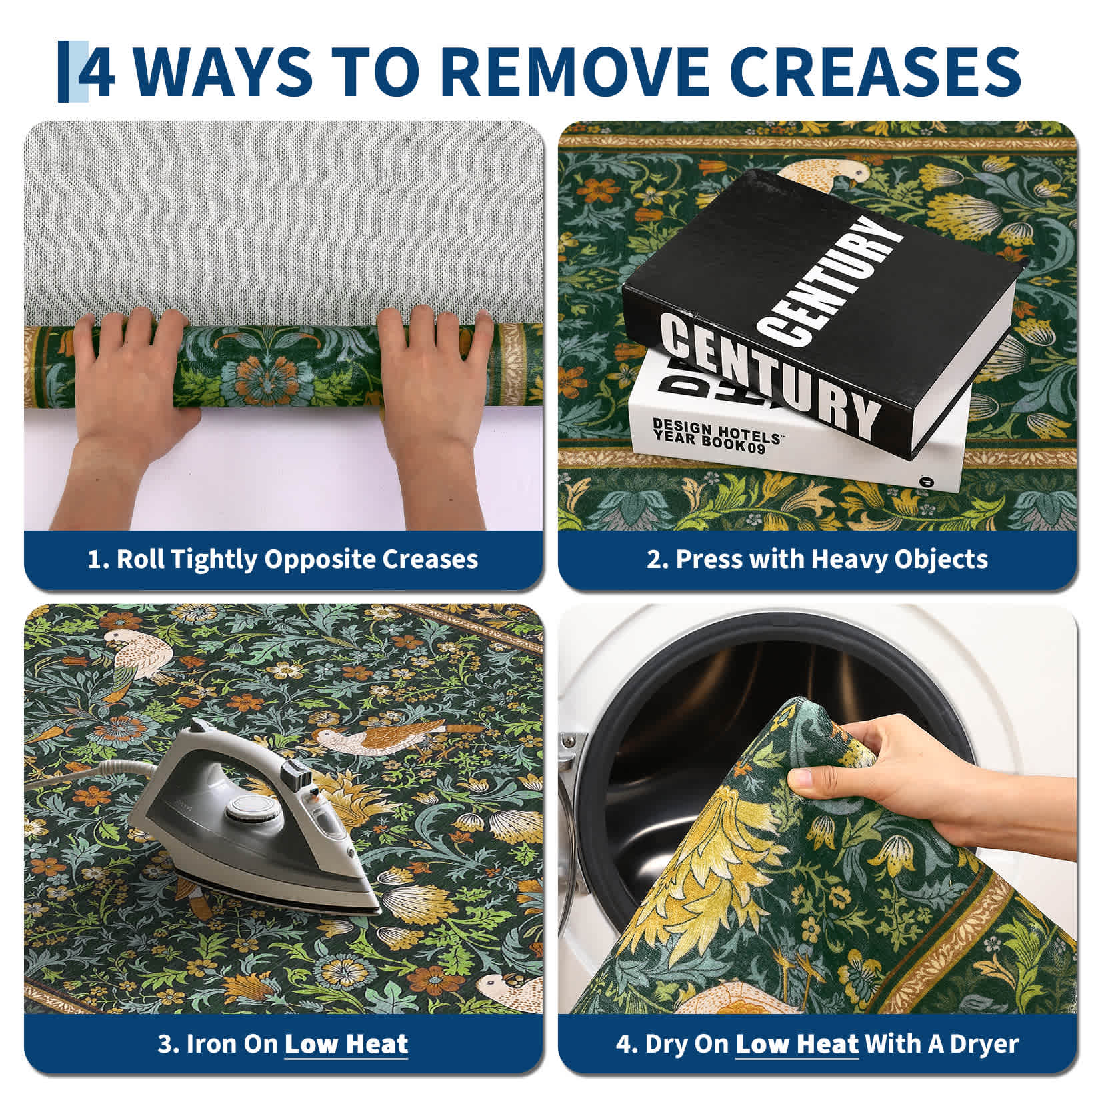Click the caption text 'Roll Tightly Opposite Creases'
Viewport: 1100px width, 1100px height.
pyautogui.click(x=297, y=559)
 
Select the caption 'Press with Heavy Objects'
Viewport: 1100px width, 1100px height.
pyautogui.click(x=831, y=559)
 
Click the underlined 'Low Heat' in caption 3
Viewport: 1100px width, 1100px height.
pyautogui.click(x=346, y=1043)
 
